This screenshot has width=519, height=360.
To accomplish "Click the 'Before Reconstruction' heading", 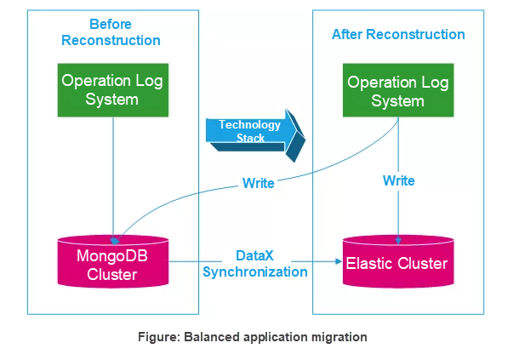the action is (x=111, y=32).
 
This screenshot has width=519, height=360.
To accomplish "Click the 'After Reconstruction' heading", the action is (x=398, y=34).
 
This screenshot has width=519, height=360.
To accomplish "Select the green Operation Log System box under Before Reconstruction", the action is (x=113, y=90).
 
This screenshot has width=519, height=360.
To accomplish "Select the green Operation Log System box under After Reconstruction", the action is (x=398, y=90).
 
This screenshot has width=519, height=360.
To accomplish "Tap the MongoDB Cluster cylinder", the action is (x=113, y=261).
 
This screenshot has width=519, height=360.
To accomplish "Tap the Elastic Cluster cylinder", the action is (x=398, y=261).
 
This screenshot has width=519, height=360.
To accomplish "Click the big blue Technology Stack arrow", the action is (x=255, y=135).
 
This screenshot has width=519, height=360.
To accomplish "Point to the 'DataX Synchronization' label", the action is (x=255, y=264).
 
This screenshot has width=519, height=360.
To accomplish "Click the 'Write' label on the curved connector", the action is (x=258, y=183).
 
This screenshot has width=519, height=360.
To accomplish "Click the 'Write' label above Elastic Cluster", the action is (x=398, y=180).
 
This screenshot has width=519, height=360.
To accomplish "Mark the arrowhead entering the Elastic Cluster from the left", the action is (x=339, y=261).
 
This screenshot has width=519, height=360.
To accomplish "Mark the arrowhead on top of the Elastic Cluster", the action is (x=398, y=241).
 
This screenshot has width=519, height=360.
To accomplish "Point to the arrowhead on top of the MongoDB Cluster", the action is (x=114, y=241).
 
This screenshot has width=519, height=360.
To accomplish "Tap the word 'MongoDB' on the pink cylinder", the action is (x=112, y=255).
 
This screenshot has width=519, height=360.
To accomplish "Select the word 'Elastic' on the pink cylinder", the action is (x=369, y=263).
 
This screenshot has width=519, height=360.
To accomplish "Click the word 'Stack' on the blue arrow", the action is (x=250, y=138).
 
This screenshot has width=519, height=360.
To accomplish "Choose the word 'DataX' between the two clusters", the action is (x=254, y=255).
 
